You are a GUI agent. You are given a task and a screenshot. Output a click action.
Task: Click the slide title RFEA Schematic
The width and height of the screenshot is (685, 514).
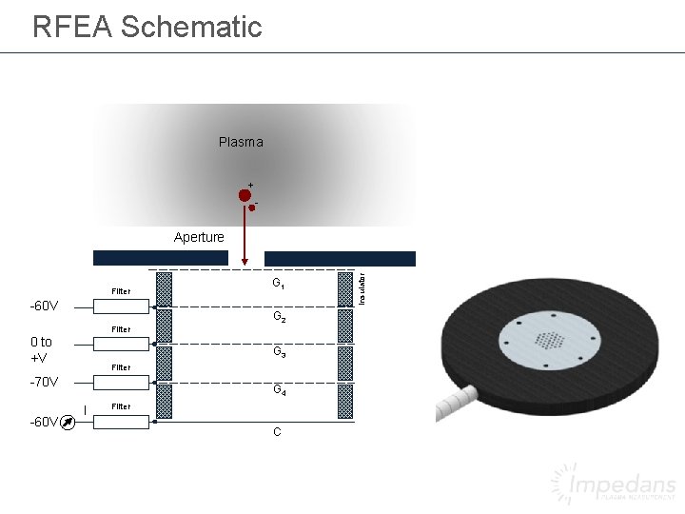click(147, 27)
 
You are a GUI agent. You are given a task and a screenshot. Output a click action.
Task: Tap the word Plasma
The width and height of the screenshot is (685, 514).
click(241, 142)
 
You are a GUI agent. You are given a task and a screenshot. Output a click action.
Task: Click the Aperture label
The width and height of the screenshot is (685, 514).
click(199, 237)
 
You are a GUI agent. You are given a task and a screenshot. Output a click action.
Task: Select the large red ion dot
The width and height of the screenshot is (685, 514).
click(245, 195)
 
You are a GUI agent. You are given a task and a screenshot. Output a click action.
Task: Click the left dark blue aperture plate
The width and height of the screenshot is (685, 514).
click(161, 258)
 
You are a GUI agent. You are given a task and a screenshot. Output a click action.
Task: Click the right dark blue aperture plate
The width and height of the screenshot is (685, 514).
click(340, 258)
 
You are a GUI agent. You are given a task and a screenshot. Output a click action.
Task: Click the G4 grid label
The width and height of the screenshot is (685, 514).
click(279, 389)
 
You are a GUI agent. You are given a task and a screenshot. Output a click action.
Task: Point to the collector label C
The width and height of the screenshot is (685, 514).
click(277, 432)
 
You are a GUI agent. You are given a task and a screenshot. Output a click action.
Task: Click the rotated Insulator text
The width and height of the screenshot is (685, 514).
click(361, 287)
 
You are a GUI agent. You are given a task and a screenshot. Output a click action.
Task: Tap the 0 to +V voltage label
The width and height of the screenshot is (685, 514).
click(42, 349)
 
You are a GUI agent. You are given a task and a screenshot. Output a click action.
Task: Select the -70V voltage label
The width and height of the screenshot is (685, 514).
click(44, 383)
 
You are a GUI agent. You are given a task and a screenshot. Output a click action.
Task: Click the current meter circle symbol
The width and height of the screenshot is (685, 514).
click(68, 422)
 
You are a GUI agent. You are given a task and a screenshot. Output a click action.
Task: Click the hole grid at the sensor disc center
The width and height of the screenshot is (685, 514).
click(550, 340)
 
